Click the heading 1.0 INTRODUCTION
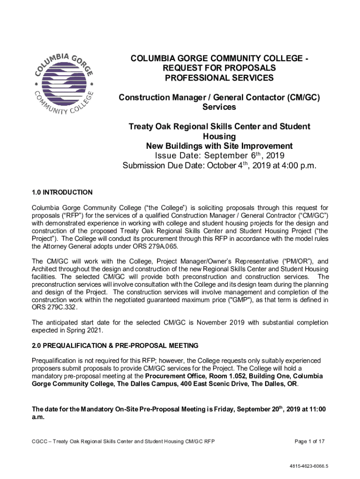click(62, 192)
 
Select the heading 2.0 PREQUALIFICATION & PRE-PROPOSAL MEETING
click(115, 346)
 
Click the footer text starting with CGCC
click(123, 441)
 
